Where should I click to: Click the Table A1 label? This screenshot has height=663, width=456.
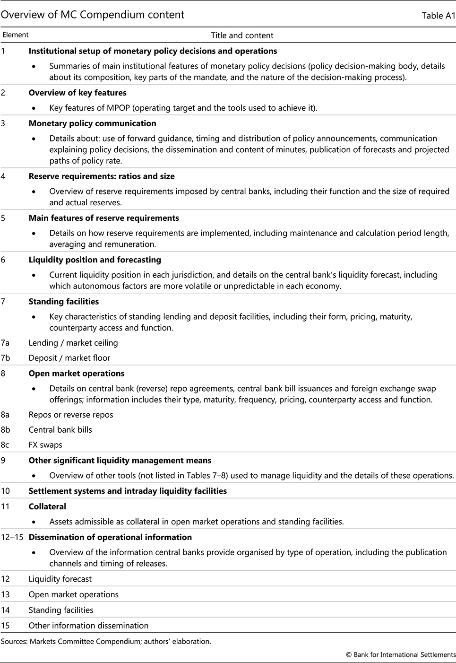pyautogui.click(x=439, y=16)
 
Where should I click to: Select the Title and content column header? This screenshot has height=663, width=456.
pyautogui.click(x=242, y=35)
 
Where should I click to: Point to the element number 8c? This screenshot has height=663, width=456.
pyautogui.click(x=5, y=445)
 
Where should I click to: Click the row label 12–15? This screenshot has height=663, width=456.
pyautogui.click(x=12, y=537)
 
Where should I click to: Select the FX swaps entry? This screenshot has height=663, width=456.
pyautogui.click(x=45, y=445)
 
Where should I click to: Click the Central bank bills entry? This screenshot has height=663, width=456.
pyautogui.click(x=60, y=430)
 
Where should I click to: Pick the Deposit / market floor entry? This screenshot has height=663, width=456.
pyautogui.click(x=69, y=358)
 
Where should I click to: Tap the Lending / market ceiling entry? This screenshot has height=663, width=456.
pyautogui.click(x=73, y=343)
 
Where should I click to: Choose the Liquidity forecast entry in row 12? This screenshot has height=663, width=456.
pyautogui.click(x=60, y=579)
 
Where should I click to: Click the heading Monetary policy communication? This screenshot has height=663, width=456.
pyautogui.click(x=92, y=123)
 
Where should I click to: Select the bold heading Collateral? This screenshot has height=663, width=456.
pyautogui.click(x=47, y=506)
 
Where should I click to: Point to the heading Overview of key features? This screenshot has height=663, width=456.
pyautogui.click(x=77, y=93)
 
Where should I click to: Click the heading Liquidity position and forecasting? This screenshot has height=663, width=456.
pyautogui.click(x=95, y=260)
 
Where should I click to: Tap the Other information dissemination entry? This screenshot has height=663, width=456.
pyautogui.click(x=88, y=626)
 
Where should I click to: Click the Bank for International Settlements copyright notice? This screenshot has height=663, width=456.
pyautogui.click(x=401, y=655)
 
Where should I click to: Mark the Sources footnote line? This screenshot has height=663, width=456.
pyautogui.click(x=106, y=642)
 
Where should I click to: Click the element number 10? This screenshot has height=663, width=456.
pyautogui.click(x=5, y=491)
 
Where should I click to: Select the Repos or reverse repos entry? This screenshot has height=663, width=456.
pyautogui.click(x=71, y=415)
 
